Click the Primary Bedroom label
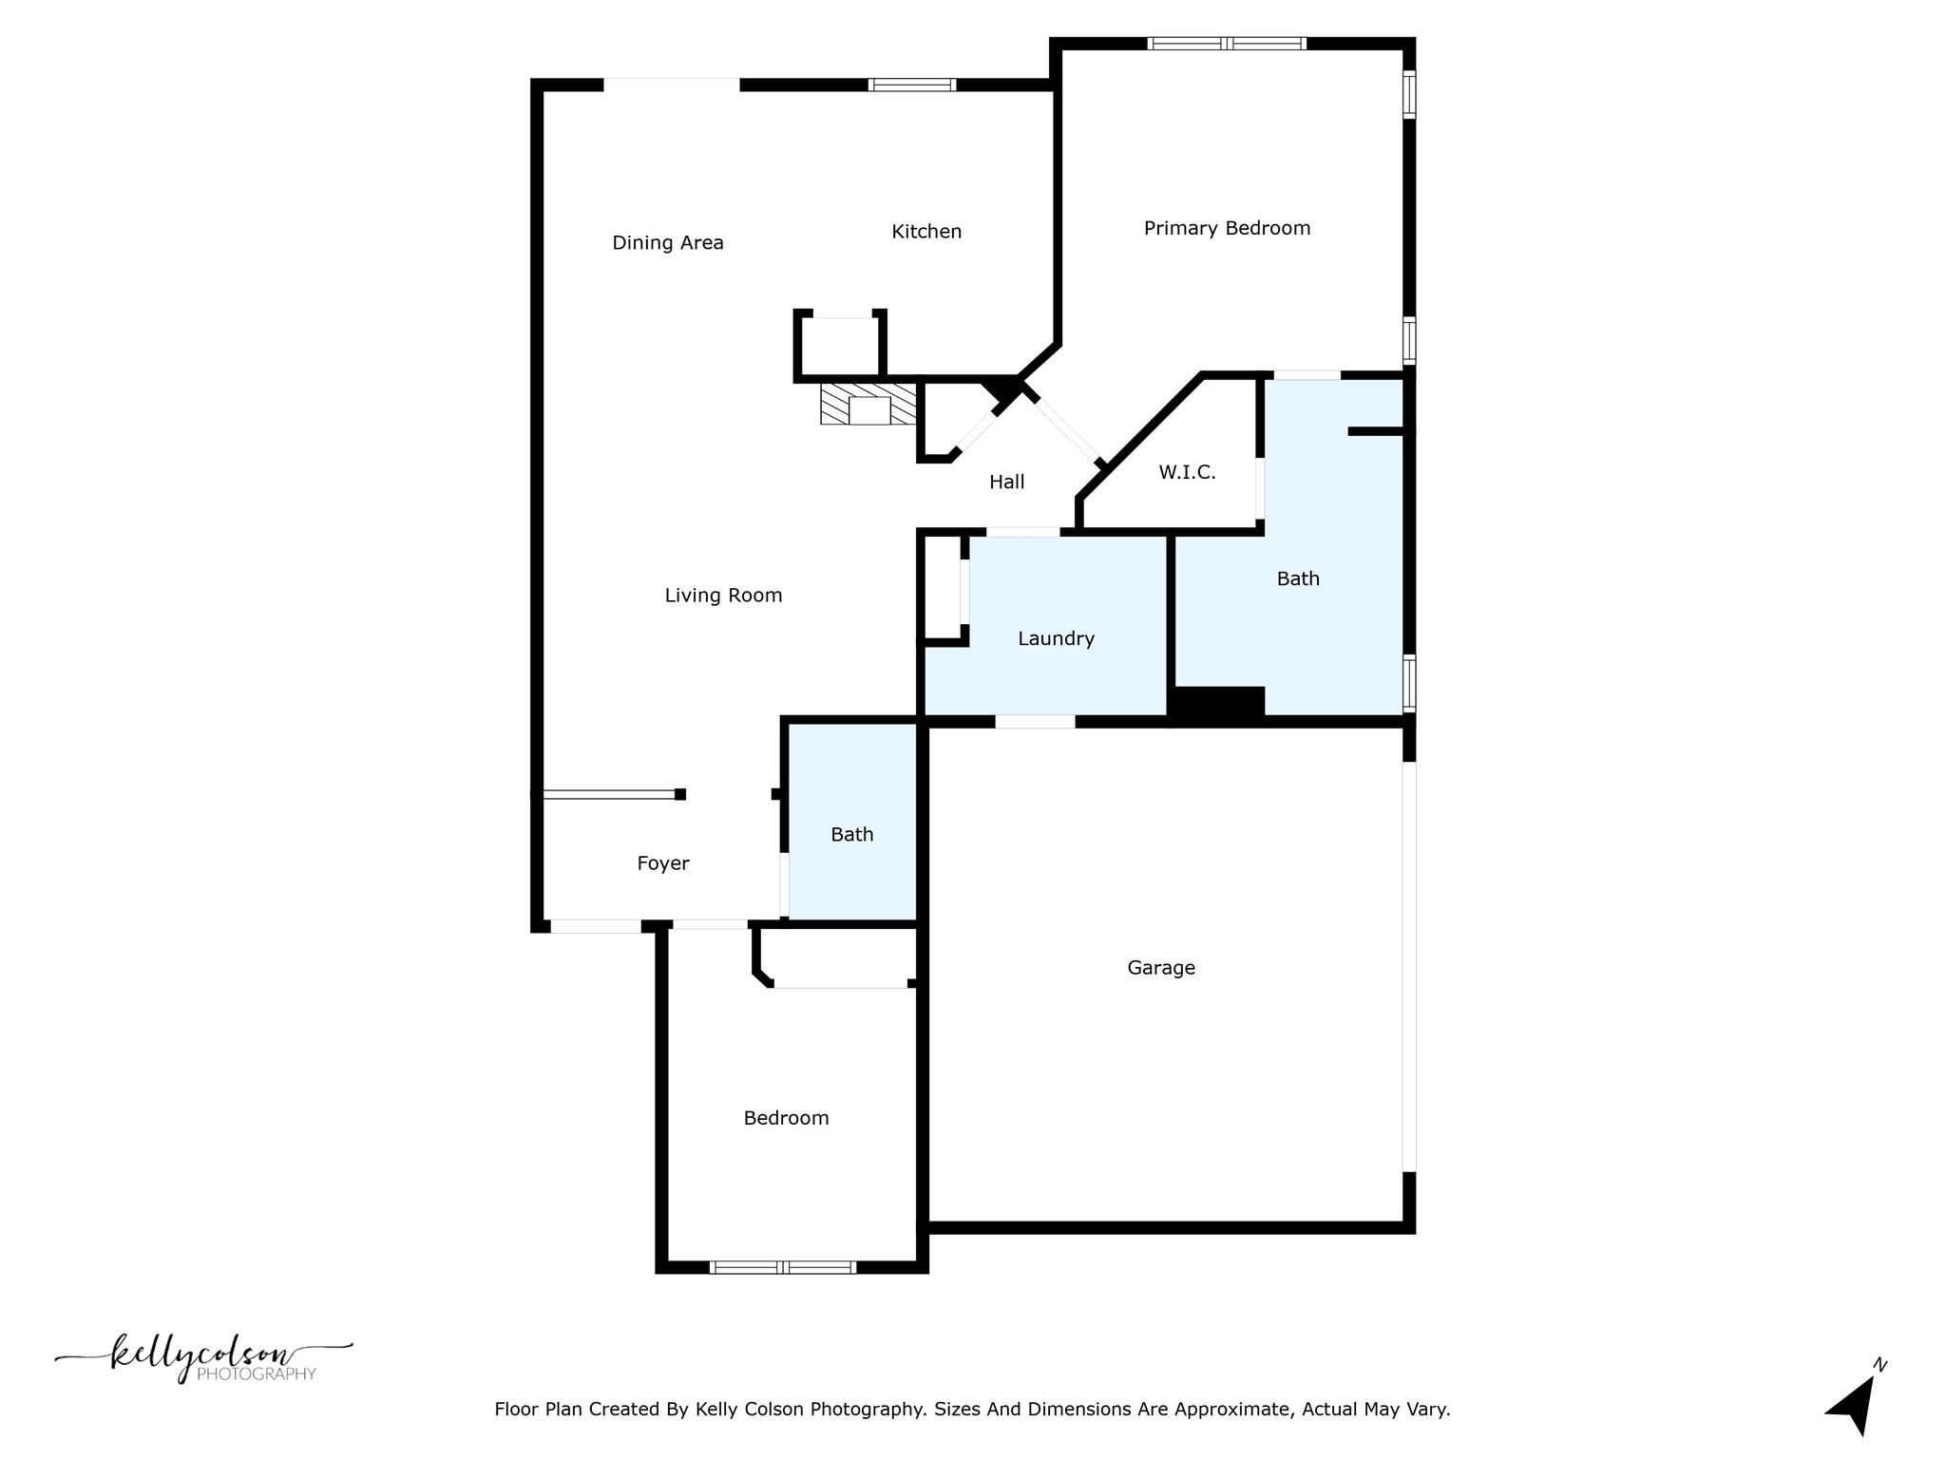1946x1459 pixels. [x=1227, y=228]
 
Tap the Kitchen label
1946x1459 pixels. [x=926, y=232]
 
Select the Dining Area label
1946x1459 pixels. [x=667, y=243]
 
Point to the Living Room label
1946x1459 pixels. [x=723, y=596]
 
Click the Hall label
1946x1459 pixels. [x=1006, y=483]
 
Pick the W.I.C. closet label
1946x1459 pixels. [x=1187, y=472]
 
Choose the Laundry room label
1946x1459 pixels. [x=1056, y=639]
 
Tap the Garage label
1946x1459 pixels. [x=1160, y=968]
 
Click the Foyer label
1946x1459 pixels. [x=662, y=863]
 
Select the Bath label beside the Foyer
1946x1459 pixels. [x=851, y=835]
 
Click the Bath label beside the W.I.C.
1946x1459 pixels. [x=1297, y=579]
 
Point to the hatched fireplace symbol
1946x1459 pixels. [x=868, y=404]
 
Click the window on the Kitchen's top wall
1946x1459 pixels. [x=912, y=85]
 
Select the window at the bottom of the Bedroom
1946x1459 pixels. [x=782, y=1266]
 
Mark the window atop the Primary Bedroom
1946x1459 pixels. [x=1226, y=43]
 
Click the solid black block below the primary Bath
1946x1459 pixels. [x=1219, y=704]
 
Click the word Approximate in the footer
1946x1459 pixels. [x=1231, y=1410]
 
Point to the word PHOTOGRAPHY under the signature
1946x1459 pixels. [x=256, y=1374]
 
